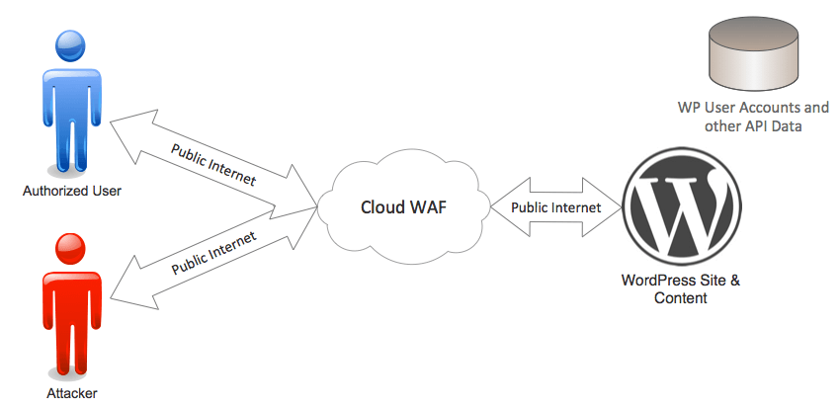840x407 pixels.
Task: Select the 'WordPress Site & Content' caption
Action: [681, 288]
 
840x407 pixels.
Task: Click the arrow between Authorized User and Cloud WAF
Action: [212, 164]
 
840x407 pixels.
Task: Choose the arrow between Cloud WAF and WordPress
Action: [554, 208]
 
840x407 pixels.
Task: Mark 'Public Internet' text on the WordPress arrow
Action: [554, 208]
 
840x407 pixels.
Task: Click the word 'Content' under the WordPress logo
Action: [681, 297]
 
